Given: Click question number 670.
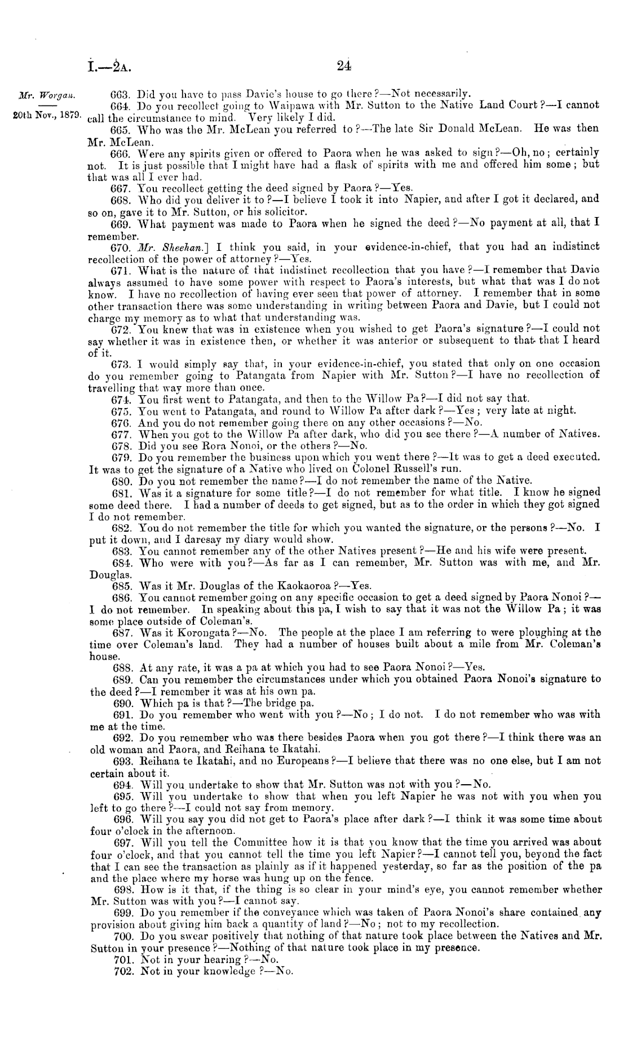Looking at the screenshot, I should pyautogui.click(x=122, y=247).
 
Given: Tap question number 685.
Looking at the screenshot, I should pyautogui.click(x=122, y=585).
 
